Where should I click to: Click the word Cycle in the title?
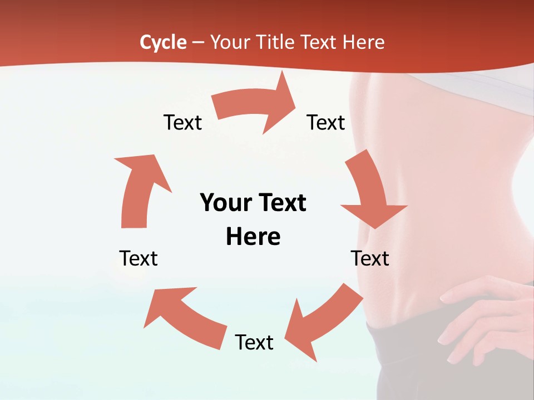point(163,42)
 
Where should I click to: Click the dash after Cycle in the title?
point(198,43)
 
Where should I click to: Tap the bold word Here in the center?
point(253,237)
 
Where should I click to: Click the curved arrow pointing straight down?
point(370,192)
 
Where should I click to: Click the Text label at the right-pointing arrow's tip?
point(326,122)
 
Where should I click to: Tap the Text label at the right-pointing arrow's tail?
point(182,122)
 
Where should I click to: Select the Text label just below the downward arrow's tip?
point(370,258)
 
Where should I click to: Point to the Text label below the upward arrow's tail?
point(139,258)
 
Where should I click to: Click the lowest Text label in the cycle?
point(254,342)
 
